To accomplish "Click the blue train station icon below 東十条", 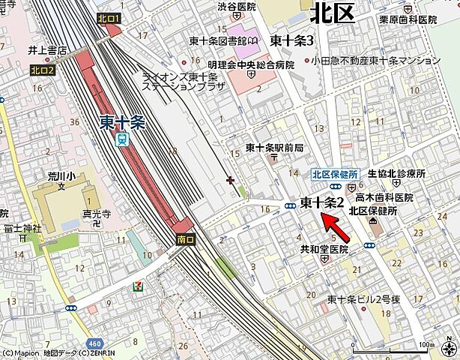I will (x=123, y=139).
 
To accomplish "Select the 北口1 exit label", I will (x=109, y=17).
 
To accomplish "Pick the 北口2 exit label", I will (x=43, y=70).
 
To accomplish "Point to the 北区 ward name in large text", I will (x=331, y=13).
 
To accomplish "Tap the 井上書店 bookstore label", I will (x=47, y=51).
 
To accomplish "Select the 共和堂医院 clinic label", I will (x=324, y=249).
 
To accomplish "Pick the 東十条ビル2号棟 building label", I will (x=360, y=299).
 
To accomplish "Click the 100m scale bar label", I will (x=424, y=344).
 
